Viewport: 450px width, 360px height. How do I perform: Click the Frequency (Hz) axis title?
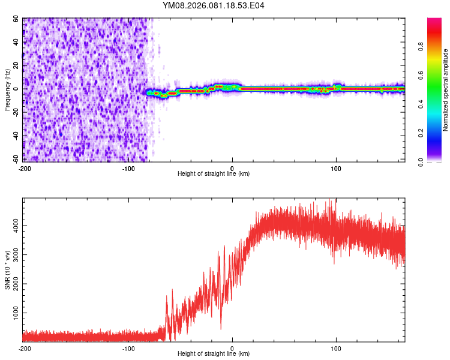coord(7,91)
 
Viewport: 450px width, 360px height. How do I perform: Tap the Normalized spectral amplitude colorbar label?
coord(446,91)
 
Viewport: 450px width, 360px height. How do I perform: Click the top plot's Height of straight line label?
coord(214,173)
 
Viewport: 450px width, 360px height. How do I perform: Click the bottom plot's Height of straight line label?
coord(214,353)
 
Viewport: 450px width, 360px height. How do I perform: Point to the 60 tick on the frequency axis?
coord(17,19)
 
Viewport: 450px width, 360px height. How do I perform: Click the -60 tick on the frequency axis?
coord(16,160)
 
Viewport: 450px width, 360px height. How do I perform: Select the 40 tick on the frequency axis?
coord(17,43)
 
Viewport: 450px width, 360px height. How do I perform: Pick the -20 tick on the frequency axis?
coord(16,113)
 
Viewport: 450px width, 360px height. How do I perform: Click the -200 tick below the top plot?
coord(25,168)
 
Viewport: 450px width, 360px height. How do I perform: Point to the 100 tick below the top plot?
coord(336,168)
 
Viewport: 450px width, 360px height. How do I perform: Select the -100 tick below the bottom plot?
coord(128,348)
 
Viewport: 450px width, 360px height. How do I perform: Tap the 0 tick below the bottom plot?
coord(232,348)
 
